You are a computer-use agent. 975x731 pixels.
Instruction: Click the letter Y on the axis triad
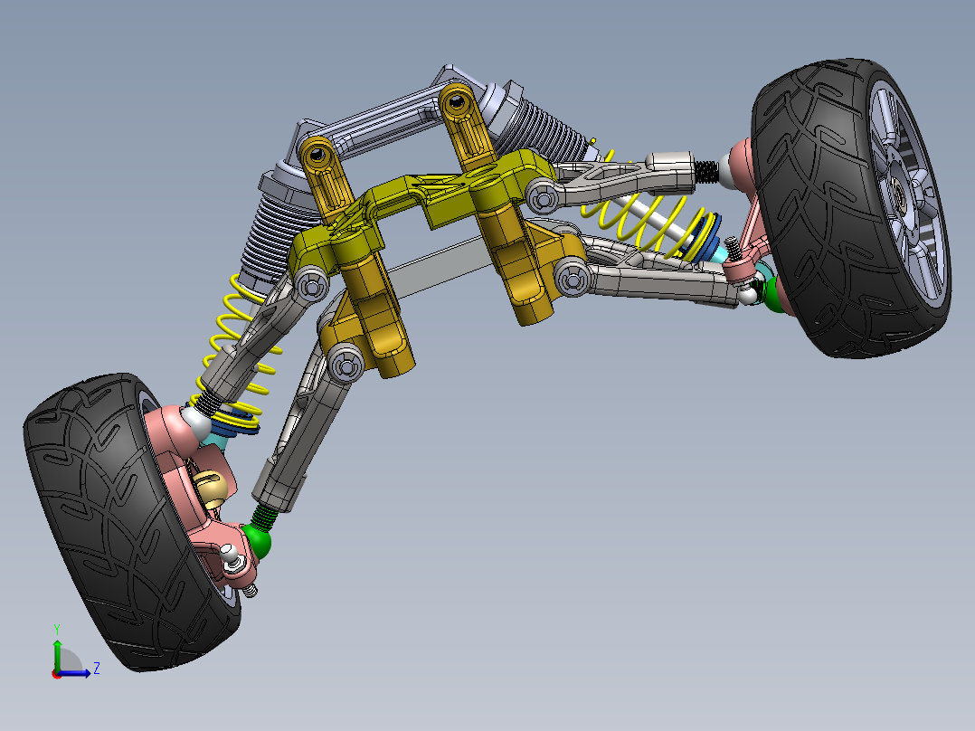56,628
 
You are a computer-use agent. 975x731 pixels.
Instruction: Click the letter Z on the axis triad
96,669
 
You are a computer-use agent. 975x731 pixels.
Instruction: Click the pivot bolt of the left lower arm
345,365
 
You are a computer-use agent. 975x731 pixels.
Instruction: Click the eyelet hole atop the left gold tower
317,157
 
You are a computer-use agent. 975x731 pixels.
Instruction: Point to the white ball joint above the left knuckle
195,422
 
